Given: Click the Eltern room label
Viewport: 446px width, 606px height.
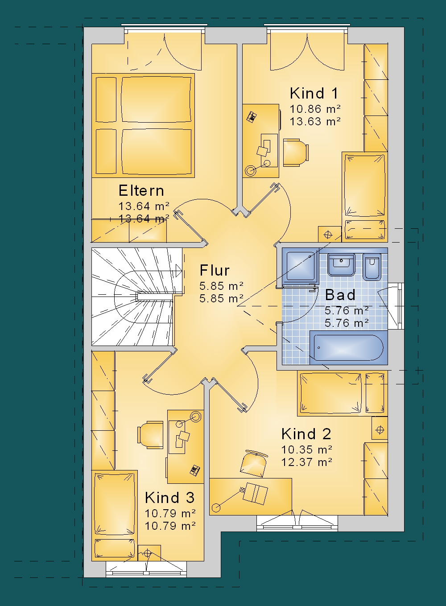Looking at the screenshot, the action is (x=141, y=191).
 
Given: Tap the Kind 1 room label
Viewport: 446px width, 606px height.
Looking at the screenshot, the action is (x=314, y=93).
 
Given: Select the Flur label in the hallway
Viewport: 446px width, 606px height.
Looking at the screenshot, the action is (x=215, y=270).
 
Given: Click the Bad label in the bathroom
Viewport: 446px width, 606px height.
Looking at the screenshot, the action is (x=340, y=295).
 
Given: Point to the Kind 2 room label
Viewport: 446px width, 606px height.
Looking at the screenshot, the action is (x=306, y=434).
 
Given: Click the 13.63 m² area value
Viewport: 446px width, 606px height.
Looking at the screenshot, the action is (x=315, y=121).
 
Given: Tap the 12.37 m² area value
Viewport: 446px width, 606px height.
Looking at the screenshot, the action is (x=307, y=462).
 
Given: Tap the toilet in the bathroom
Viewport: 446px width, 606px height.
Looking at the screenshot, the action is (x=372, y=267).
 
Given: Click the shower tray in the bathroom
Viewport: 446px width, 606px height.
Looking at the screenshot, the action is (x=301, y=266).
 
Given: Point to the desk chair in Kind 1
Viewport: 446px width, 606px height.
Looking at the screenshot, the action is (x=296, y=153).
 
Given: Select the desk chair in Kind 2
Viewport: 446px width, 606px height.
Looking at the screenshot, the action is (x=254, y=463).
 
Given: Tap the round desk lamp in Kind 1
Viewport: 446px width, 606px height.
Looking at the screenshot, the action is (x=250, y=170).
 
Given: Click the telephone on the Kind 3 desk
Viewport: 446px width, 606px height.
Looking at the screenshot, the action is (x=195, y=470).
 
